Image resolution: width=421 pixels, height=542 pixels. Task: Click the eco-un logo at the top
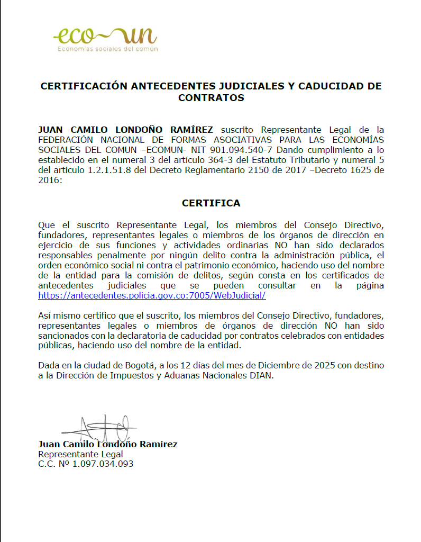click(105, 36)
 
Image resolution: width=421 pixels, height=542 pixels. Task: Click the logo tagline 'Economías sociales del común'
click(107, 49)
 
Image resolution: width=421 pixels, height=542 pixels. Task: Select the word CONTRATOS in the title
click(211, 98)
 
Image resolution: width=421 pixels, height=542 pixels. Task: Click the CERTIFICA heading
click(211, 203)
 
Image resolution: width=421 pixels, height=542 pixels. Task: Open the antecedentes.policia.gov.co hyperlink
click(152, 295)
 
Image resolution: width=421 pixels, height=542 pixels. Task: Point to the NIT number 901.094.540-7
click(240, 150)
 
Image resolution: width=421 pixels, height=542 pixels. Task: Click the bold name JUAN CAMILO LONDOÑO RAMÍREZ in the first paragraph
click(126, 130)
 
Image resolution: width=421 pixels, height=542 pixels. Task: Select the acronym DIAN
click(261, 376)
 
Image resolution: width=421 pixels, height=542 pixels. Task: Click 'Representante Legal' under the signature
click(80, 454)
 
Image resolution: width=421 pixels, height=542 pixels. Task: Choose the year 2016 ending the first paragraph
click(49, 180)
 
